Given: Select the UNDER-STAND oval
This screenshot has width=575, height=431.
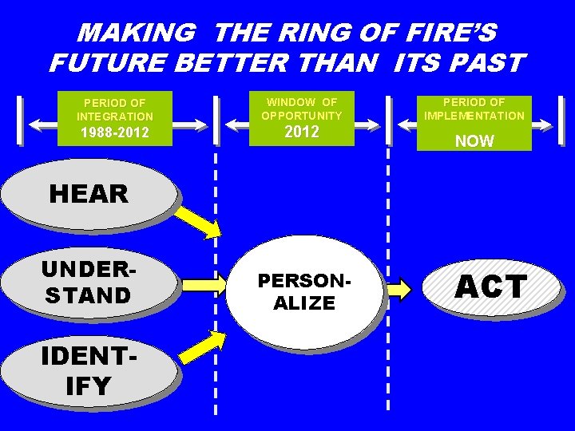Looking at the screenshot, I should pos(88,283).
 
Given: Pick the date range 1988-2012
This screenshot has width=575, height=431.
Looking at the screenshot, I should pos(113,132).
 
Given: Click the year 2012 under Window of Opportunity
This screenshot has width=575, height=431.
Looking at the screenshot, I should pos(302,132).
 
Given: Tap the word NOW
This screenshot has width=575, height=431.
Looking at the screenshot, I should pos(474,141).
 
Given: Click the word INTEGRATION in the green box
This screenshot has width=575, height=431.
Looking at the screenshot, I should pos(114,117).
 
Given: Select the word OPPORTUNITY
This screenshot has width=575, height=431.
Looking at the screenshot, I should pos(302,116).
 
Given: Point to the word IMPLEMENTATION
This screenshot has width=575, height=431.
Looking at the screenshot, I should pos(474,116).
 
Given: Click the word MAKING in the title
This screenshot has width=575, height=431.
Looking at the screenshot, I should pos(137,33).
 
